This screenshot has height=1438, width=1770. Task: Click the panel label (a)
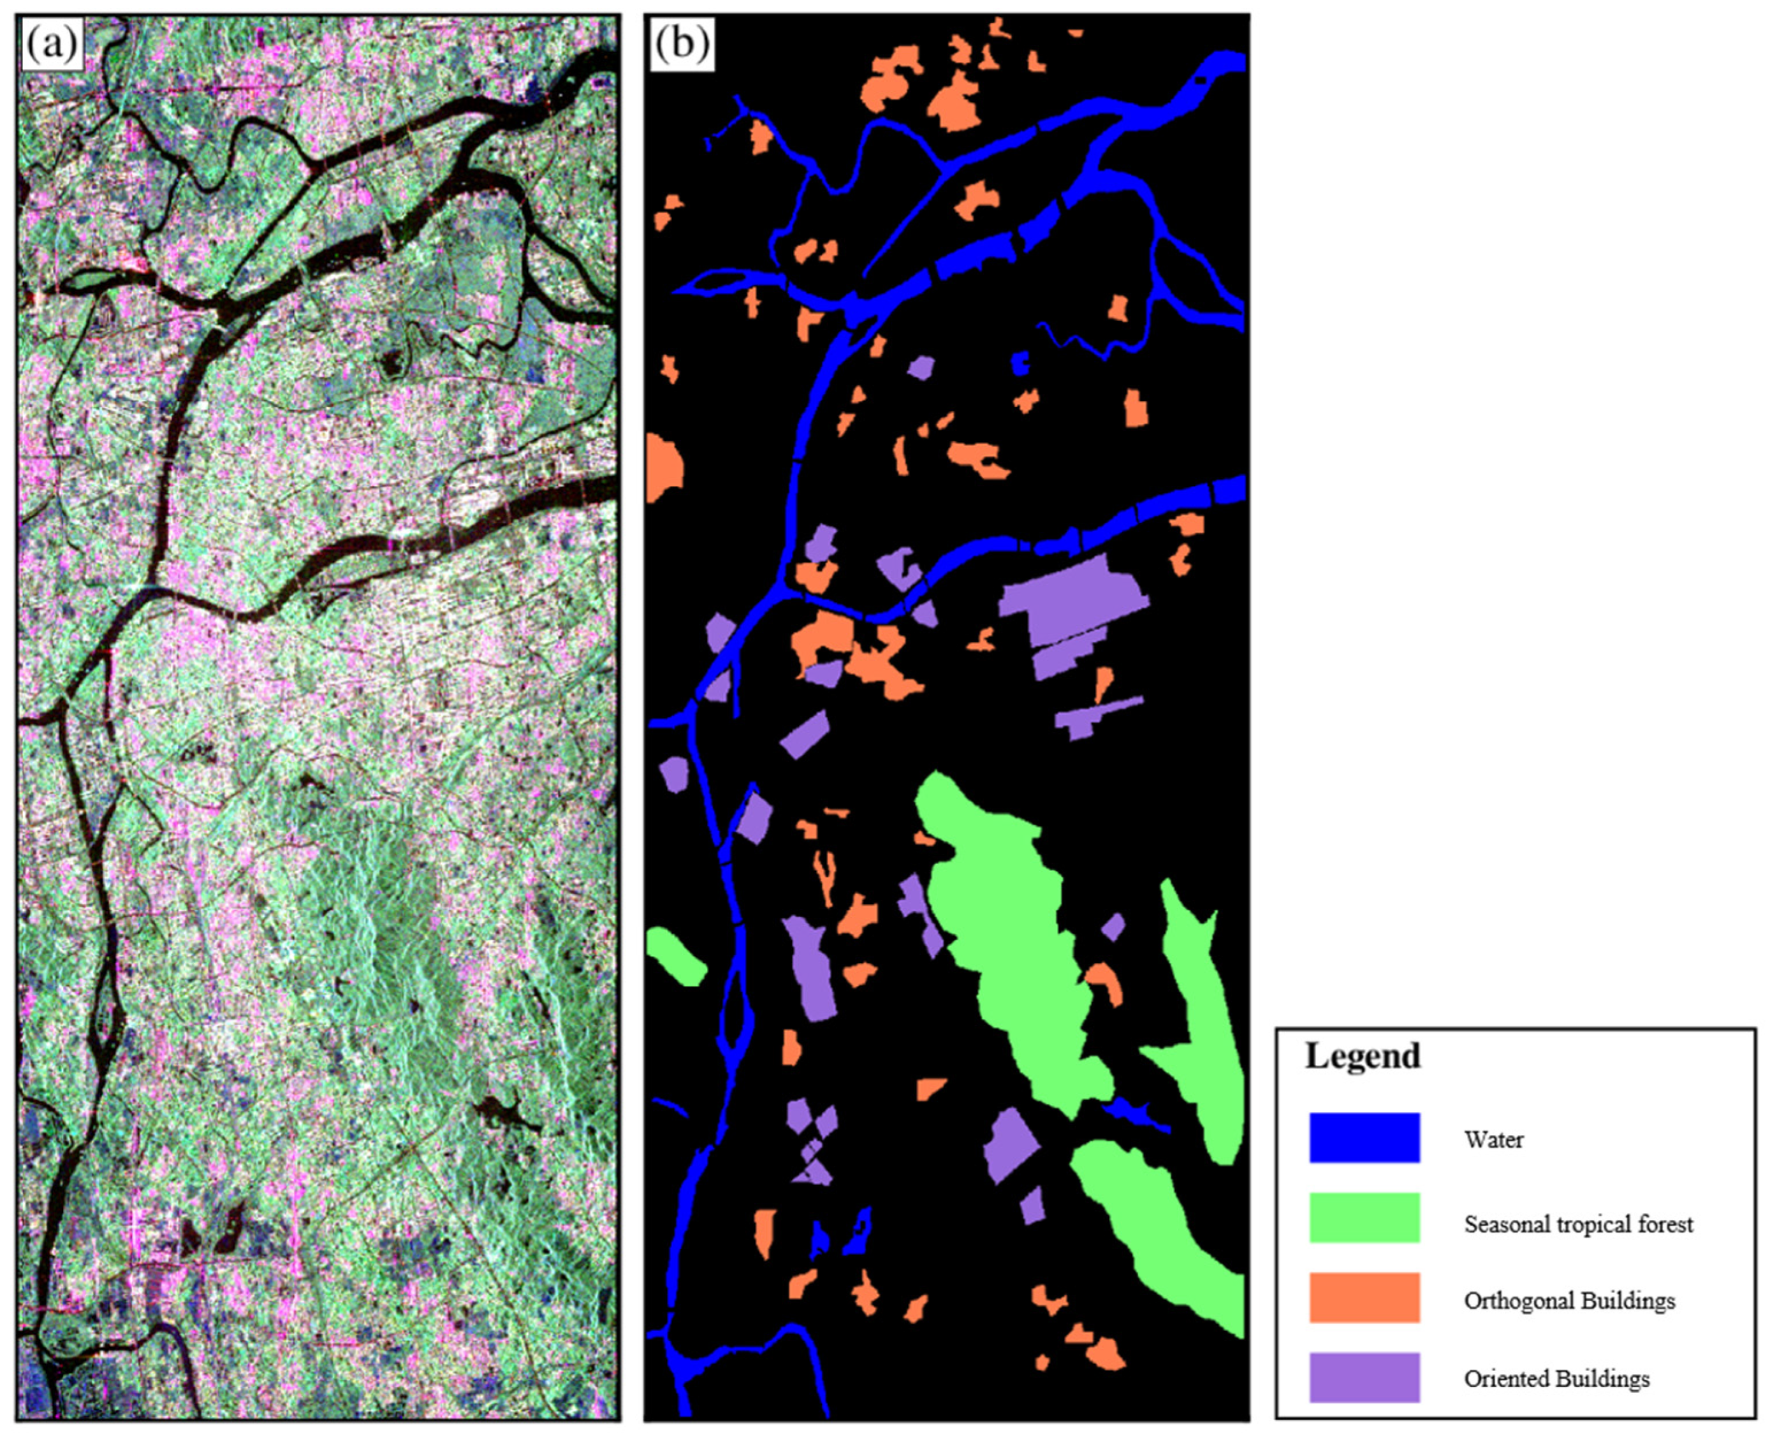[x=52, y=44]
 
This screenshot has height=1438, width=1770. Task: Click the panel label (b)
[x=682, y=44]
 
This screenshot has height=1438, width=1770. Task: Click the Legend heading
[x=1363, y=1056]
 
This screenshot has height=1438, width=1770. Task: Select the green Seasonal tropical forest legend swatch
[x=1364, y=1217]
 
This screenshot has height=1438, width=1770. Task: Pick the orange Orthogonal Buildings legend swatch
[x=1364, y=1297]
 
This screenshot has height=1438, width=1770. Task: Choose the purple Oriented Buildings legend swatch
[x=1364, y=1377]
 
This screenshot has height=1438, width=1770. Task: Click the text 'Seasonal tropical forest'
[x=1578, y=1224]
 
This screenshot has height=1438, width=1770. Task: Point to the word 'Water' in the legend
[x=1493, y=1140]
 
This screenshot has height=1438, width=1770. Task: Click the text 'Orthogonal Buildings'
[x=1569, y=1300]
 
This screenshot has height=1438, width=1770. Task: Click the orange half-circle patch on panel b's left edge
[x=662, y=468]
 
